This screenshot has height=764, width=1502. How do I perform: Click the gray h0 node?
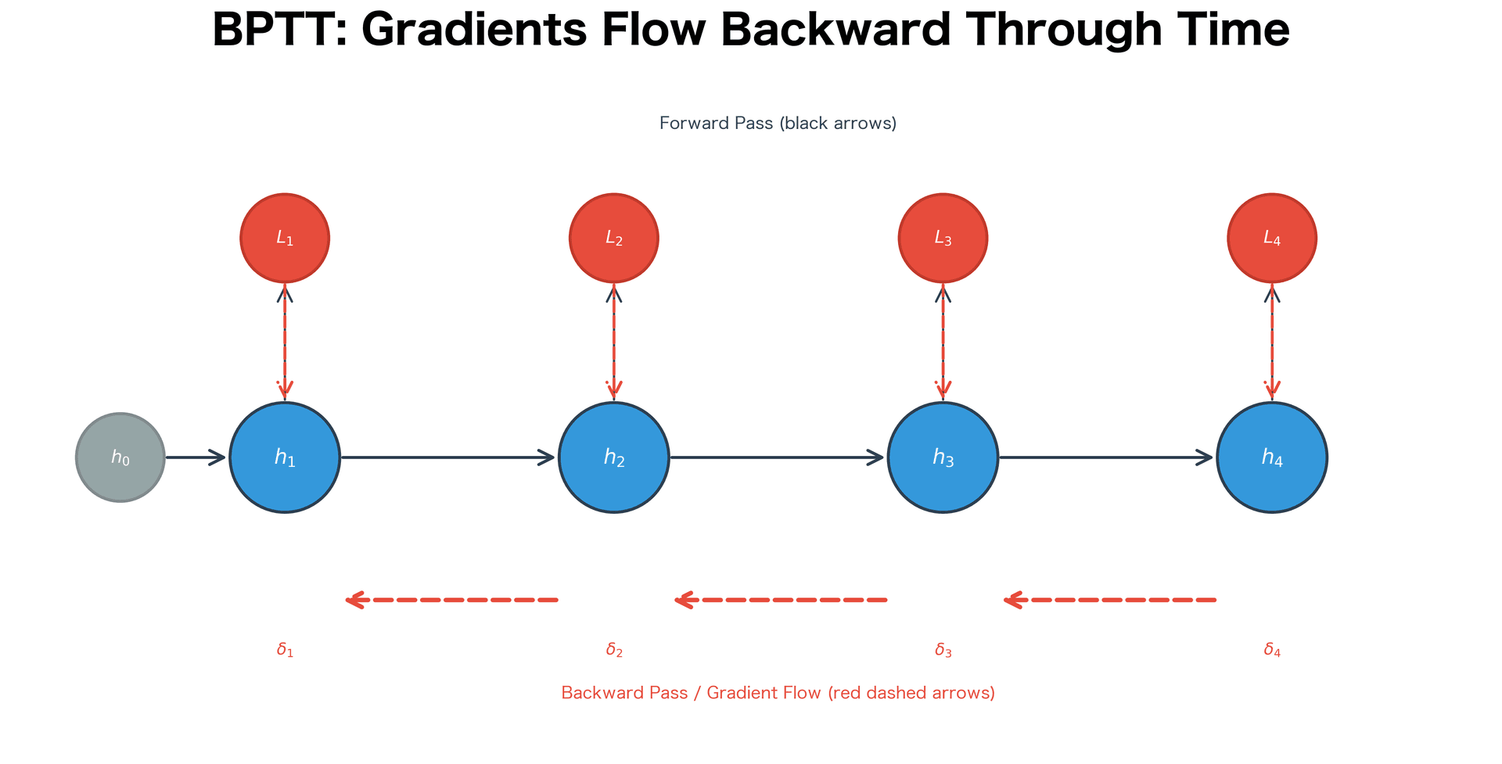point(120,457)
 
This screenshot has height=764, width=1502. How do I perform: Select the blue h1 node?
point(285,457)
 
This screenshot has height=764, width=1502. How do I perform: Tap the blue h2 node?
point(614,457)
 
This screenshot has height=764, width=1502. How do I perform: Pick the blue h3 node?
point(943,457)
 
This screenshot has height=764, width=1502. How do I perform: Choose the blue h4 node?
point(1272,457)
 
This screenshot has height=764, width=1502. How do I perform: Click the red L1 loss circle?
point(285,238)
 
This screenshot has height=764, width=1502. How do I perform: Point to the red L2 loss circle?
point(614,238)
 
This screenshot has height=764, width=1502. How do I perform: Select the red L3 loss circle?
point(943,238)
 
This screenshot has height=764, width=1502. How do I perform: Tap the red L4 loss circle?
point(1272,238)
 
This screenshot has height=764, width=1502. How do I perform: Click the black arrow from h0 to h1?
point(196,457)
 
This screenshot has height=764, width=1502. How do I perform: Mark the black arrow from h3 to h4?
point(1106,457)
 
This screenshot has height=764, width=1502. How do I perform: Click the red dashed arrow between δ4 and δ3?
point(1110,600)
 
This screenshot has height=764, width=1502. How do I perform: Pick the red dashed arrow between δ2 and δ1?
point(452,600)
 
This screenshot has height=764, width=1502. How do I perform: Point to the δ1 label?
point(285,650)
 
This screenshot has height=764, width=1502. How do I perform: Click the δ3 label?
point(943,650)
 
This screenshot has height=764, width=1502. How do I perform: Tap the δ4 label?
point(1272,650)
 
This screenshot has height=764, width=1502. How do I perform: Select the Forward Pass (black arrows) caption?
point(778,124)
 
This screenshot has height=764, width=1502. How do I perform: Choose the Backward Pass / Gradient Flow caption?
point(778,693)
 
